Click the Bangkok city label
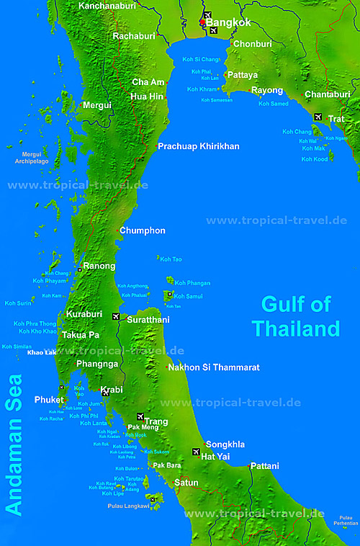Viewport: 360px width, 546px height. (228, 23)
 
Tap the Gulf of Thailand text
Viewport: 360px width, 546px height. (295, 317)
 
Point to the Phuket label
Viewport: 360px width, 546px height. (49, 400)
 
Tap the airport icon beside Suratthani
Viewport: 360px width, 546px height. (116, 316)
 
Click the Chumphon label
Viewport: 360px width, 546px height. (143, 231)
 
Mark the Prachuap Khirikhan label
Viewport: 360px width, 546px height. (199, 146)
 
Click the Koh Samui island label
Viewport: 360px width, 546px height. (190, 296)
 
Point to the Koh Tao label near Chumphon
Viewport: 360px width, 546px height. (171, 259)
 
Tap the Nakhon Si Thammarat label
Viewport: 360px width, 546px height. (213, 367)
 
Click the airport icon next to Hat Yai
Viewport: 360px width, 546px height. (196, 452)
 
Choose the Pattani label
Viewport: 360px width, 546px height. (264, 466)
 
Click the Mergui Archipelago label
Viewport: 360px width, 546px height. (32, 158)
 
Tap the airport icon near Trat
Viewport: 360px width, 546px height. (318, 117)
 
